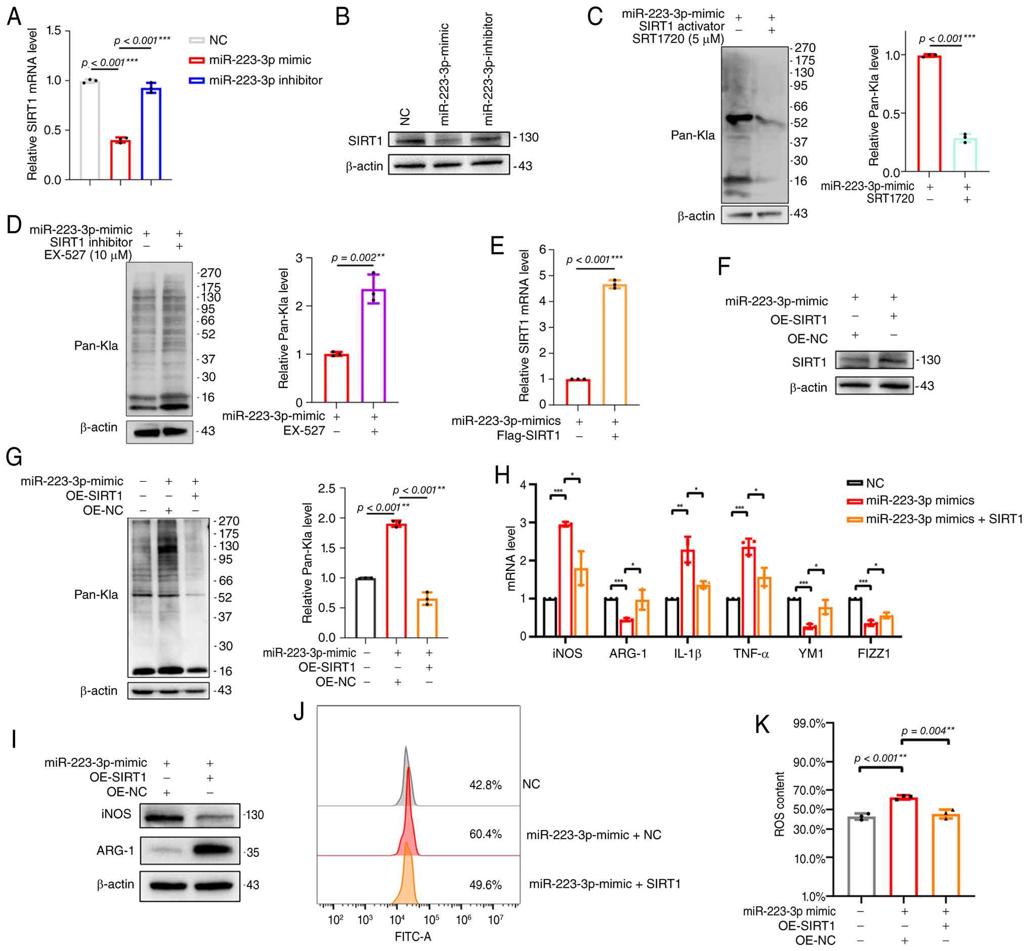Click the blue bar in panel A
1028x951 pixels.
pyautogui.click(x=151, y=134)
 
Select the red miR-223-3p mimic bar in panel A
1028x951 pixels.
pyautogui.click(x=120, y=159)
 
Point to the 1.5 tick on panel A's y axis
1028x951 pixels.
pyautogui.click(x=54, y=31)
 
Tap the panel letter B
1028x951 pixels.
pyautogui.click(x=342, y=17)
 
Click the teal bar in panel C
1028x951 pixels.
pyautogui.click(x=965, y=155)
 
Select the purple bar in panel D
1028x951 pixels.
pyautogui.click(x=374, y=346)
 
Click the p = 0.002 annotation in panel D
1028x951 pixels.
pyautogui.click(x=358, y=257)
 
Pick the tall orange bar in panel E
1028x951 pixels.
pyautogui.click(x=615, y=344)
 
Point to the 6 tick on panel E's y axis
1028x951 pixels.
pyautogui.click(x=542, y=250)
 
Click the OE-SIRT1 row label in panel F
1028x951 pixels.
pyautogui.click(x=798, y=320)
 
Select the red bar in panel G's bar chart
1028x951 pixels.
pyautogui.click(x=396, y=581)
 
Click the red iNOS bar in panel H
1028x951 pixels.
pyautogui.click(x=566, y=580)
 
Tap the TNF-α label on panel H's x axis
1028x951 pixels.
pyautogui.click(x=751, y=653)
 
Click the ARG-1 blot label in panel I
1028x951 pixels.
pyautogui.click(x=115, y=851)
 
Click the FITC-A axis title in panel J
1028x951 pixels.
pyautogui.click(x=412, y=937)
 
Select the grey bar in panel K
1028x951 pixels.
pyautogui.click(x=862, y=856)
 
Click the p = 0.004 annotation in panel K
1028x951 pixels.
pyautogui.click(x=928, y=731)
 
